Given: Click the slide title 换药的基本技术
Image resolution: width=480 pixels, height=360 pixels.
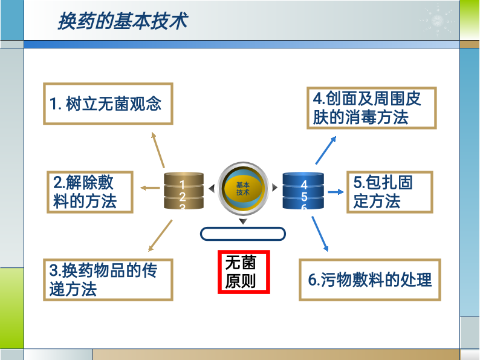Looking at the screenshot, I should click(x=122, y=22).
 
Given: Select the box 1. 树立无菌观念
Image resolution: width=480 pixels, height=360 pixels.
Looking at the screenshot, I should click(x=108, y=103).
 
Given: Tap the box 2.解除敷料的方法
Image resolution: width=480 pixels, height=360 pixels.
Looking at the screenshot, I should click(x=90, y=192).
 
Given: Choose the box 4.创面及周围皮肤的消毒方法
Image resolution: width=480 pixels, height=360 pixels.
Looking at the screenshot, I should click(x=371, y=107).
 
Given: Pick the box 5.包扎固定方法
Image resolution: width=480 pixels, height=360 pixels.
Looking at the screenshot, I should click(x=389, y=192).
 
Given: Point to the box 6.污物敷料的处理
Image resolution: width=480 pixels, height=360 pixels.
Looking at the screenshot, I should click(x=369, y=280).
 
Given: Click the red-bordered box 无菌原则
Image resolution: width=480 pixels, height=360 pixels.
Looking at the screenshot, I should click(x=244, y=272).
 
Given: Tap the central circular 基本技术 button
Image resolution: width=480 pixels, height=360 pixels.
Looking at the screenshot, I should click(x=243, y=188).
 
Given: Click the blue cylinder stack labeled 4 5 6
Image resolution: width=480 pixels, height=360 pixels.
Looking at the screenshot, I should click(x=303, y=191).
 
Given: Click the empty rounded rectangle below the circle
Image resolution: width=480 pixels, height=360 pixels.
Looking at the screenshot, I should click(x=242, y=234).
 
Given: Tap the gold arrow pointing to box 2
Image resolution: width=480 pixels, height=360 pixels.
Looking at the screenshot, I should click(x=151, y=188).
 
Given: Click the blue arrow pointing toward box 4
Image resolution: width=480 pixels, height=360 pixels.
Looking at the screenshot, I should click(x=326, y=150).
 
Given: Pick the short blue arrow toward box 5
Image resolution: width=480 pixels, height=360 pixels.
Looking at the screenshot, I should click(x=336, y=192).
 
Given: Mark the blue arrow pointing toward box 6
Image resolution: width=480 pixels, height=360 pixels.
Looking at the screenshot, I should click(x=320, y=234).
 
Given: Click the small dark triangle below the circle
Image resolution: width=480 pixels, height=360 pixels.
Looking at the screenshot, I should click(x=243, y=221).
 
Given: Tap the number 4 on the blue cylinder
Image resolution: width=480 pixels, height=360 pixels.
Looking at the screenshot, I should click(x=304, y=185).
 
